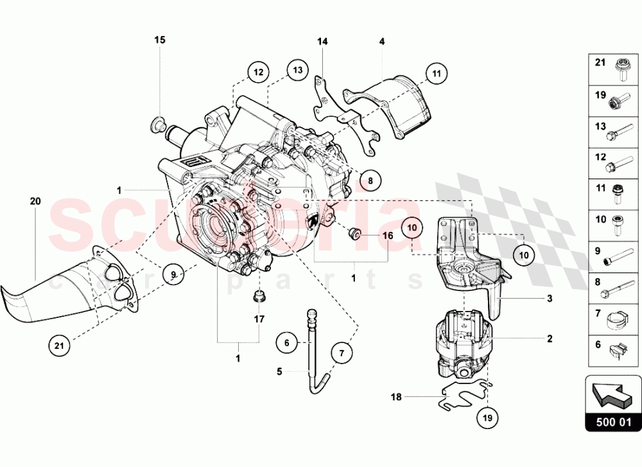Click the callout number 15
pos(159,40)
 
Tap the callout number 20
pos(35,201)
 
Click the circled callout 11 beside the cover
pos(437,73)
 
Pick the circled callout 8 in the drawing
pos(369,181)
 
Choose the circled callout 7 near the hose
pos(342,353)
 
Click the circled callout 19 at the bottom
pos(487,417)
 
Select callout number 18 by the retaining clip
pos(396,398)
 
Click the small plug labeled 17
pos(259,297)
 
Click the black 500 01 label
pos(613,423)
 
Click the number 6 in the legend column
pos(598,345)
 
